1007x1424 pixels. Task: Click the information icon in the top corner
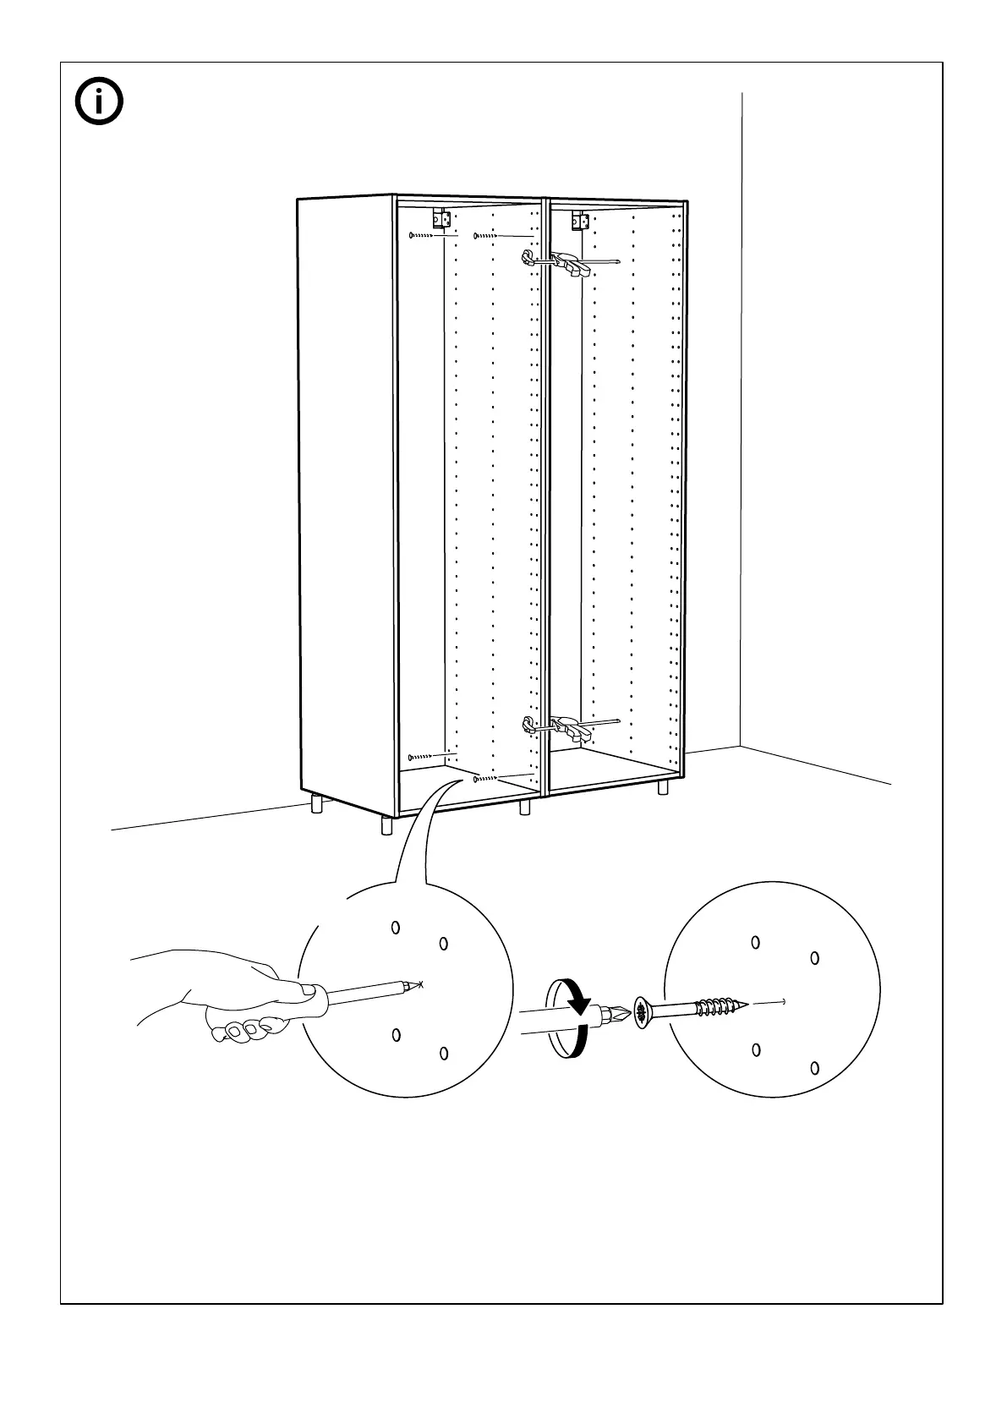(99, 103)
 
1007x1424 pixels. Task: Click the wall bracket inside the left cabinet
(439, 219)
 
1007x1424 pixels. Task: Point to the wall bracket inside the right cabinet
(580, 220)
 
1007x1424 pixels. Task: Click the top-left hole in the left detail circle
(395, 928)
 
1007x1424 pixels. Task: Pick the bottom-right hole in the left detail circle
(443, 1053)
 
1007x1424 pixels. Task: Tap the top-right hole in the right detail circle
(815, 958)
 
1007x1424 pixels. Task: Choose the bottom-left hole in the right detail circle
(756, 1050)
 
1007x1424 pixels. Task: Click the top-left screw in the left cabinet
(420, 236)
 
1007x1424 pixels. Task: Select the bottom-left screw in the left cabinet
(420, 756)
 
